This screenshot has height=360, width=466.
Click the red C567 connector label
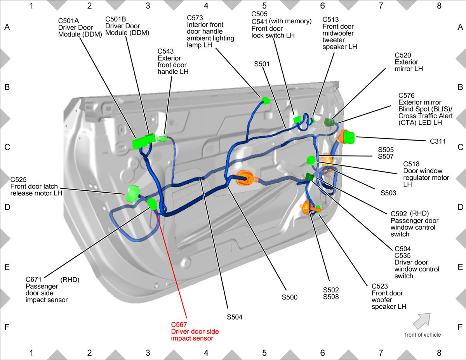[179, 325]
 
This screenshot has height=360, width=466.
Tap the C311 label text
[438, 141]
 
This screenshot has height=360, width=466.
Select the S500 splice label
[290, 297]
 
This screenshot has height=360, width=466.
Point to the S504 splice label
[235, 317]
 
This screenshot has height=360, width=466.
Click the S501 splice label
[262, 64]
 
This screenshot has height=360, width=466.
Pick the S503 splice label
[388, 193]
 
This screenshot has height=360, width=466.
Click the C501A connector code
[68, 21]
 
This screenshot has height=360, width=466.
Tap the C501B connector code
[116, 19]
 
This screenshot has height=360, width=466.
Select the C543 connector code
[165, 51]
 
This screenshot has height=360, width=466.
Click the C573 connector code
[195, 18]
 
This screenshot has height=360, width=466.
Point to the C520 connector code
[403, 55]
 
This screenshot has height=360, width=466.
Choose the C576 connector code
[406, 96]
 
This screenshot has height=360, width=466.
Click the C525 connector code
[18, 179]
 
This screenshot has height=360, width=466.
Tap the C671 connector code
[33, 279]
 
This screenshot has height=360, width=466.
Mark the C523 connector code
[380, 286]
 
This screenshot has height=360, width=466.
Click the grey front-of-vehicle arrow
[422, 321]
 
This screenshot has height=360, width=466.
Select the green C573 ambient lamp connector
[266, 100]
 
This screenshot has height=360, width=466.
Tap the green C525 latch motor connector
[133, 193]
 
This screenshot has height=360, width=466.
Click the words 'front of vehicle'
[423, 335]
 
